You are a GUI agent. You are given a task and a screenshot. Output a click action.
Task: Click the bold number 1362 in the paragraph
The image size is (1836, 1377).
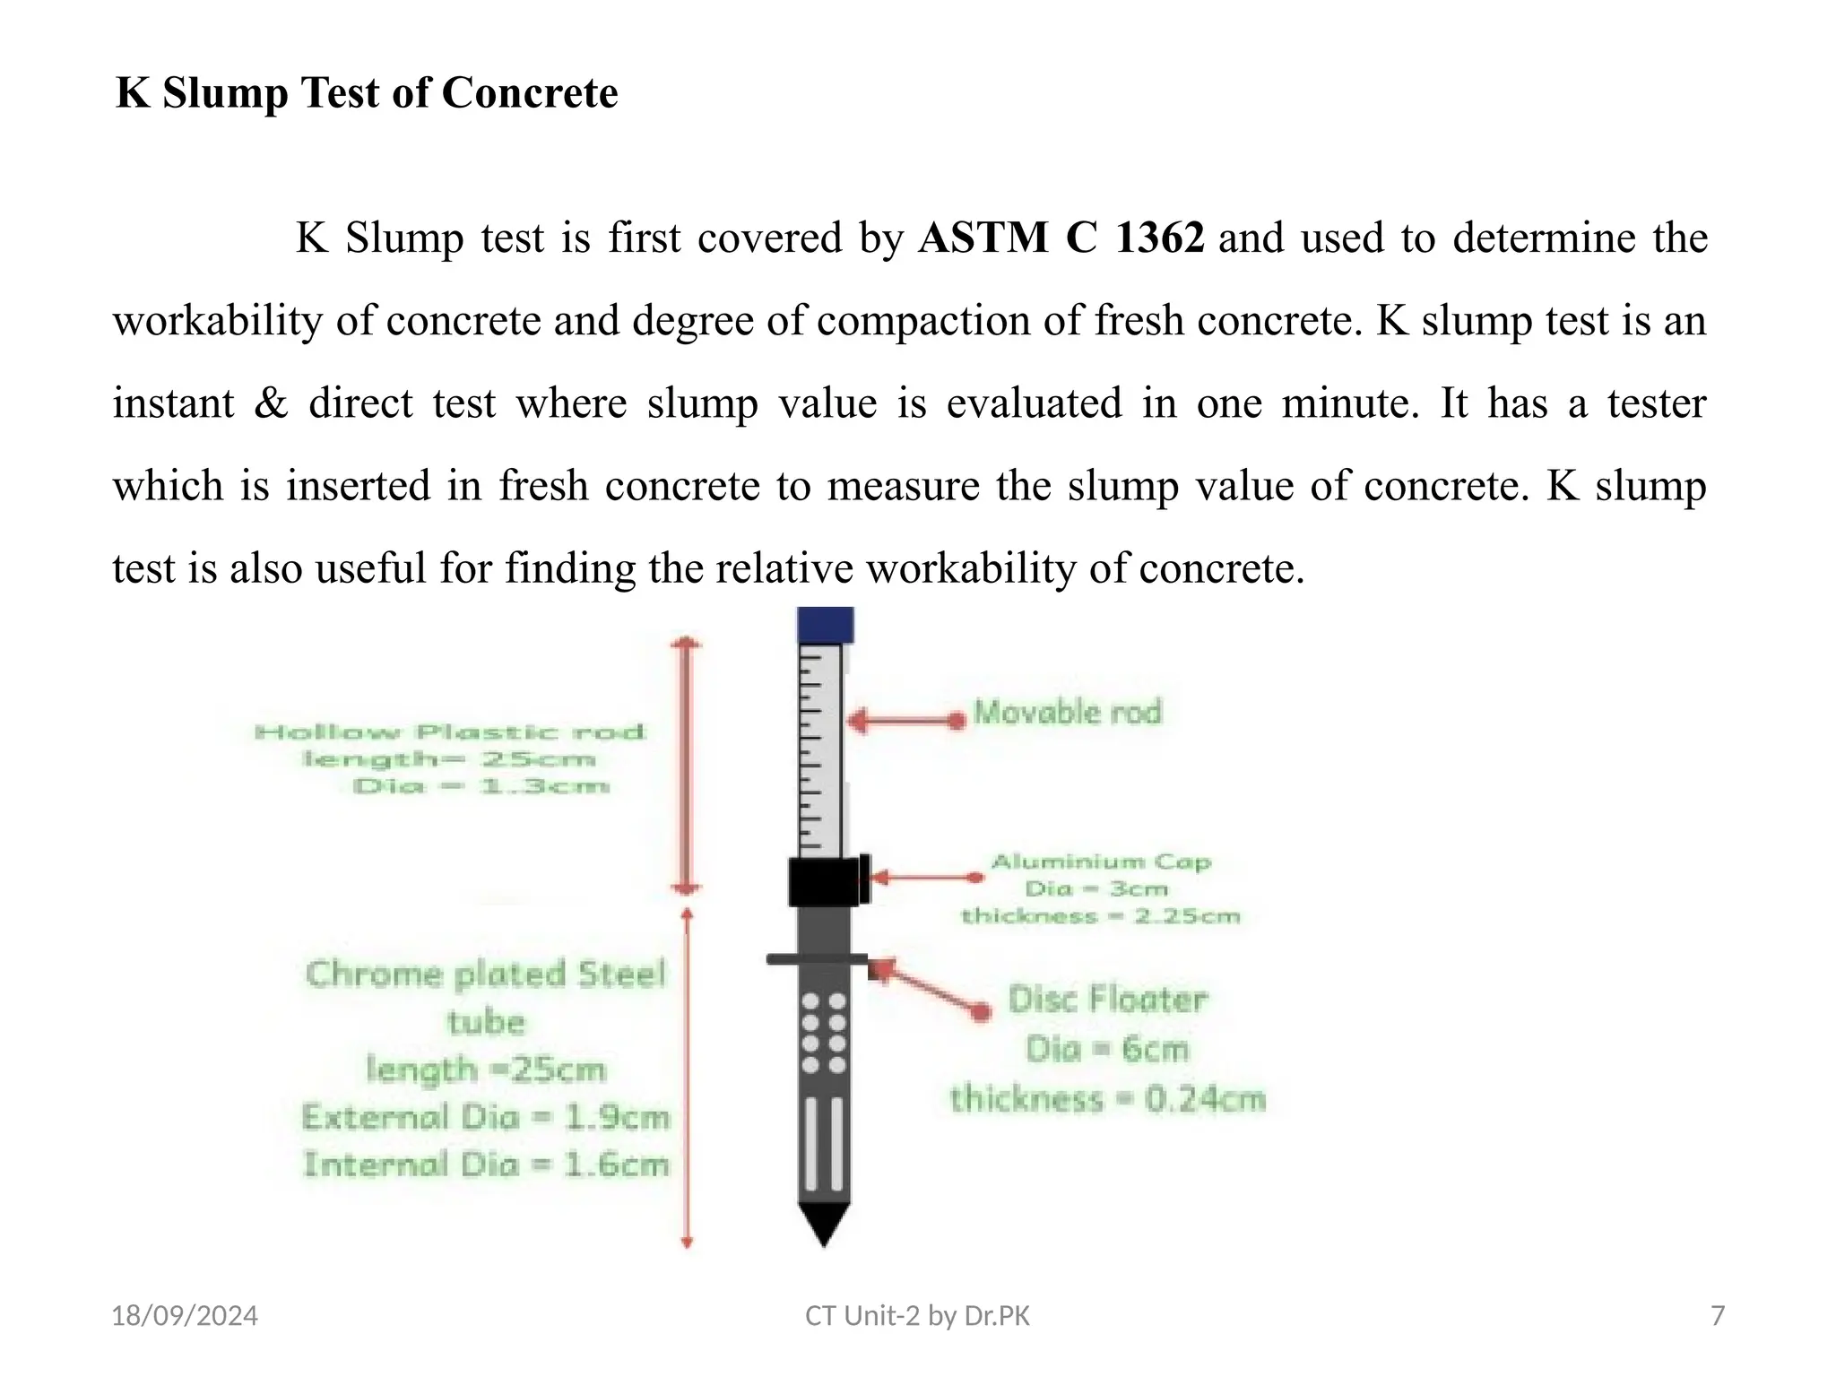(x=1159, y=238)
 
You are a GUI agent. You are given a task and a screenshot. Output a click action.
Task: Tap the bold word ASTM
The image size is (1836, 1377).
(x=983, y=238)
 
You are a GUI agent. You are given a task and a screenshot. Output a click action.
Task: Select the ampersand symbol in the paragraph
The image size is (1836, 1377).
(x=271, y=403)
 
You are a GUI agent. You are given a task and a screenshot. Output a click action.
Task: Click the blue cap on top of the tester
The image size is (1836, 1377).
(x=825, y=625)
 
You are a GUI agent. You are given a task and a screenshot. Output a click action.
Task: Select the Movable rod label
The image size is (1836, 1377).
(x=1067, y=713)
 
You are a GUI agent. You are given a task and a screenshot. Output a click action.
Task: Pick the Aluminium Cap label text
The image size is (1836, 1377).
(x=1101, y=862)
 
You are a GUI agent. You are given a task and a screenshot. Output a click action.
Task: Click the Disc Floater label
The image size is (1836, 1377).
(x=1107, y=1000)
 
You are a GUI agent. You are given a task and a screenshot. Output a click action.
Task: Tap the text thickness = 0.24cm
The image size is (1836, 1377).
(x=1108, y=1099)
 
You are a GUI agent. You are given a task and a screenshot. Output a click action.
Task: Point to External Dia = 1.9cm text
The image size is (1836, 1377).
(x=486, y=1118)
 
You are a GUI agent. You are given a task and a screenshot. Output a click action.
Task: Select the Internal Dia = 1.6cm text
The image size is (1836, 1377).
(x=486, y=1165)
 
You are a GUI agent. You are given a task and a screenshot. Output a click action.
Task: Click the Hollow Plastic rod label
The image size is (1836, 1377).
(x=450, y=732)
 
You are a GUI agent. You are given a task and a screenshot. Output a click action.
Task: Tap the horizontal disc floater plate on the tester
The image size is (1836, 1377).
(x=817, y=959)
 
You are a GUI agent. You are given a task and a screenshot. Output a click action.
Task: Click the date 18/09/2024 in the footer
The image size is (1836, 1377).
(x=184, y=1316)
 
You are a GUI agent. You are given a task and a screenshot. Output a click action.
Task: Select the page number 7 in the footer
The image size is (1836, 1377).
(x=1718, y=1316)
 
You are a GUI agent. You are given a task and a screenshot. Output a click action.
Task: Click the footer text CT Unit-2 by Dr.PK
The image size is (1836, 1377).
(x=917, y=1316)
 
